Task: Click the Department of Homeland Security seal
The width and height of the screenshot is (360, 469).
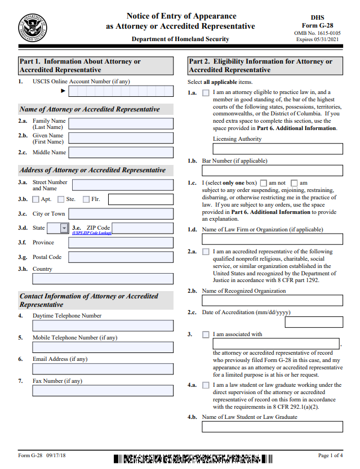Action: pyautogui.click(x=33, y=26)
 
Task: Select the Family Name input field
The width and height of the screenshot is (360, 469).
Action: pyautogui.click(x=121, y=124)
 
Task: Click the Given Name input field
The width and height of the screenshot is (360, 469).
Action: pyautogui.click(x=121, y=139)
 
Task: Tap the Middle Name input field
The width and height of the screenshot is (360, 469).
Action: pyautogui.click(x=121, y=153)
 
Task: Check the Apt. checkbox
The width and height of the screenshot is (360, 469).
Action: pyautogui.click(x=36, y=199)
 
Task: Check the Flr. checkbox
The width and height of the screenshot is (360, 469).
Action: pyautogui.click(x=86, y=199)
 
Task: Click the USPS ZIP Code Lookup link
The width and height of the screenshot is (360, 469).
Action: pyautogui.click(x=92, y=233)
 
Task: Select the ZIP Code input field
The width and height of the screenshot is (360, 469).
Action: pyautogui.click(x=143, y=228)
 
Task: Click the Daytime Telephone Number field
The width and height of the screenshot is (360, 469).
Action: pyautogui.click(x=103, y=325)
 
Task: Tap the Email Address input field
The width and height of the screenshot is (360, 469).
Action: pyautogui.click(x=103, y=369)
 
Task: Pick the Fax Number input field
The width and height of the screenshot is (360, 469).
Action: pyautogui.click(x=103, y=391)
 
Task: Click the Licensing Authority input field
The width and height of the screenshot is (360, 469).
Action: pyautogui.click(x=278, y=149)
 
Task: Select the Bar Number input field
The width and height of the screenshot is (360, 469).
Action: pyautogui.click(x=272, y=171)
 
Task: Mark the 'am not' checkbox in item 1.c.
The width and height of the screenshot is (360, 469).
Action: pyautogui.click(x=264, y=183)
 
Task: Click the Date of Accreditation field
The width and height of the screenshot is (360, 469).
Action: pyautogui.click(x=314, y=322)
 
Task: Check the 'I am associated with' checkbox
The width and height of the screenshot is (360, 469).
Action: pyautogui.click(x=206, y=334)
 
